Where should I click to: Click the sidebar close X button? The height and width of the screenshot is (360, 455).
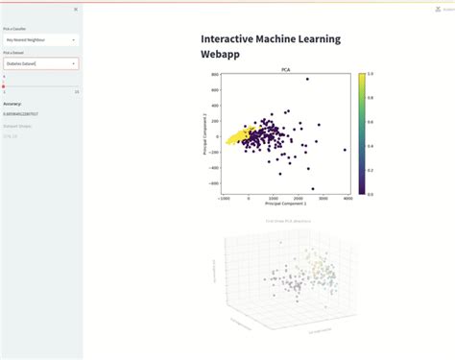point(76,9)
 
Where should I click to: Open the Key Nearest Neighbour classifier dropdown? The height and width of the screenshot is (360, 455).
point(40,39)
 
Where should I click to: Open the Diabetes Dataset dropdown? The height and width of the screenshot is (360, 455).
point(40,63)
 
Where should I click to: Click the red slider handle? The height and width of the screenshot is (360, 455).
point(4,85)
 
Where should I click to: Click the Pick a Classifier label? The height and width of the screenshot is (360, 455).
point(14,29)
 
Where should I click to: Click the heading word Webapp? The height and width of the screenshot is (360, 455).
point(221,55)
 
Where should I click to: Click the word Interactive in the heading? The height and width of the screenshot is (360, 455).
point(234,38)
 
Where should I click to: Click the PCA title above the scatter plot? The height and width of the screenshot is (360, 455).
point(285,70)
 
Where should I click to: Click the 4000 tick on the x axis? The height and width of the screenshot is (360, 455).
point(347,198)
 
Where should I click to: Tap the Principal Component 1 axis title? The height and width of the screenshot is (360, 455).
point(285,204)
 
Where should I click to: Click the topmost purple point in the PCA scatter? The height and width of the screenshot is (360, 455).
point(306,80)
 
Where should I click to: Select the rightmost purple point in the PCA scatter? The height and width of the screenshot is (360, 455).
point(345,150)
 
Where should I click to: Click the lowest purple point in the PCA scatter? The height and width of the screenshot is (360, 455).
point(312,189)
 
